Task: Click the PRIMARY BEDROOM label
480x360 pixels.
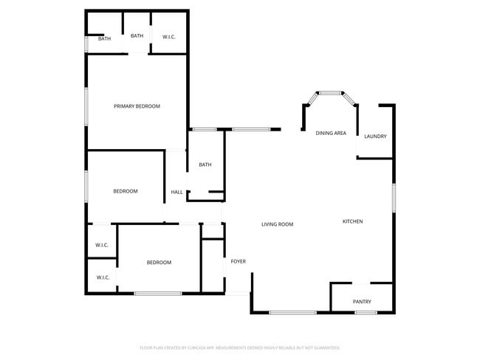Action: click(x=137, y=106)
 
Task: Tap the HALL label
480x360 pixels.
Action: click(x=176, y=192)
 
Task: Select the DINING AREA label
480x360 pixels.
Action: click(x=331, y=133)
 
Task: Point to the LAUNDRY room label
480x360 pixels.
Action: click(x=375, y=136)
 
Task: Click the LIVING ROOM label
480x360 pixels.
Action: click(x=278, y=224)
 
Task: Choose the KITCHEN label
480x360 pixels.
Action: click(x=352, y=221)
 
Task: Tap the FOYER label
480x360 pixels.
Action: click(x=238, y=261)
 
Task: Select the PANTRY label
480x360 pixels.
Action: click(x=362, y=301)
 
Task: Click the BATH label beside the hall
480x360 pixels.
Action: click(x=205, y=165)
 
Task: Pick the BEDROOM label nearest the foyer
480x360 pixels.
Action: click(x=159, y=263)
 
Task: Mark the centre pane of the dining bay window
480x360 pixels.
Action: click(x=331, y=92)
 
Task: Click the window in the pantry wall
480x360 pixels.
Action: click(x=366, y=313)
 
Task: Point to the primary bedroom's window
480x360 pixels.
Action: click(x=86, y=105)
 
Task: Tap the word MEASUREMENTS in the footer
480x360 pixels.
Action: click(x=233, y=347)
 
